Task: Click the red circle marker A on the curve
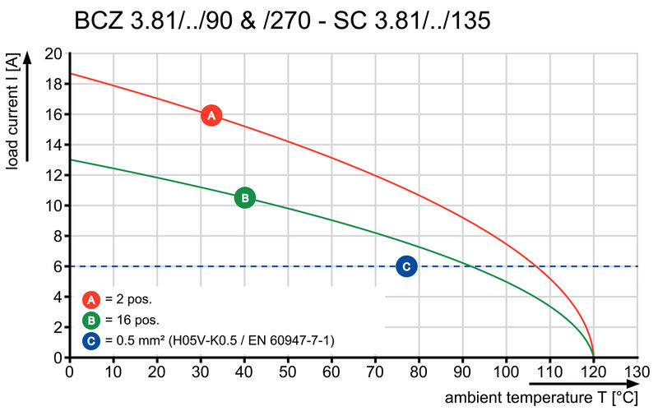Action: pyautogui.click(x=211, y=116)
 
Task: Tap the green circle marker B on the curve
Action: pyautogui.click(x=244, y=197)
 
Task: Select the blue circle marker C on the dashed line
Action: pyautogui.click(x=406, y=266)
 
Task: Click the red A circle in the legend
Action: pyautogui.click(x=92, y=299)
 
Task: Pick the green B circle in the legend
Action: pyautogui.click(x=92, y=320)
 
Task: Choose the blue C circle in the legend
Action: pyautogui.click(x=92, y=339)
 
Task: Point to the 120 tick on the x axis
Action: pyautogui.click(x=593, y=371)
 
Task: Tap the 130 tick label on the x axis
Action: pyautogui.click(x=637, y=371)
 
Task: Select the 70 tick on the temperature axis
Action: pyautogui.click(x=375, y=371)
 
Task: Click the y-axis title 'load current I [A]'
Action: pyautogui.click(x=12, y=111)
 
